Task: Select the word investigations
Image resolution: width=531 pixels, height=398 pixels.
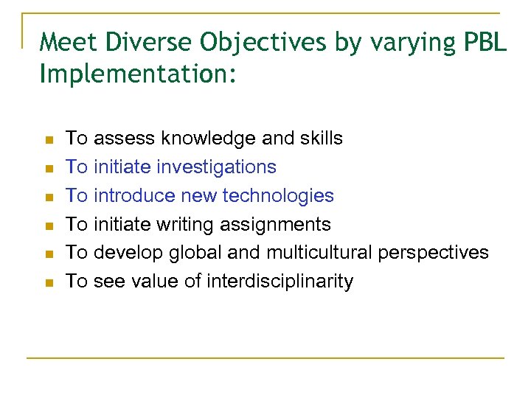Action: pos(217,167)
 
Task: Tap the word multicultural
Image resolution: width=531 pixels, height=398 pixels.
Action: pos(319,252)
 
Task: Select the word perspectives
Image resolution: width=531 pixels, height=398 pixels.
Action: pos(434,252)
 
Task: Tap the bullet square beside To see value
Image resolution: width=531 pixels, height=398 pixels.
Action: pos(47,282)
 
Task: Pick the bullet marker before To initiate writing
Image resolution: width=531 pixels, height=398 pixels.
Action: pos(47,226)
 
